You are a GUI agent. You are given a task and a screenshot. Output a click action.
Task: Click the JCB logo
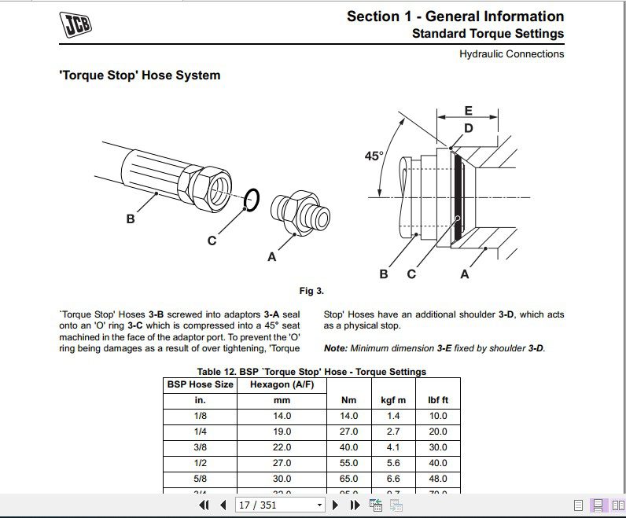click(75, 25)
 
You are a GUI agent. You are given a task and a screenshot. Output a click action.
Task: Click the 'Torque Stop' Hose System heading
click(140, 75)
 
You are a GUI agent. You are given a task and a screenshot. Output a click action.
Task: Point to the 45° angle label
click(374, 156)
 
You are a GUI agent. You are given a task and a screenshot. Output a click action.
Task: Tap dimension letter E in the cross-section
click(468, 111)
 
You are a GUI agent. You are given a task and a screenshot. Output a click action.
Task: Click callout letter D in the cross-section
click(468, 128)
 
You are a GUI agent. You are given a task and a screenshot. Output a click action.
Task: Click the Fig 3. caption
click(311, 291)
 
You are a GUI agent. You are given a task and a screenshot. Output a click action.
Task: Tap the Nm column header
click(348, 400)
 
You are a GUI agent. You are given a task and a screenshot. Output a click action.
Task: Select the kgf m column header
click(393, 400)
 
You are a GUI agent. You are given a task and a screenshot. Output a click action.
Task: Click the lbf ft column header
click(438, 400)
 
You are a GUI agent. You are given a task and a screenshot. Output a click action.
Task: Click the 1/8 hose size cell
click(200, 416)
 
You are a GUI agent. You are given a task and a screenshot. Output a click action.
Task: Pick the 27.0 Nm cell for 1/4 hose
click(348, 432)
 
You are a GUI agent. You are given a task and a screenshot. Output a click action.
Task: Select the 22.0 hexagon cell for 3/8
click(281, 447)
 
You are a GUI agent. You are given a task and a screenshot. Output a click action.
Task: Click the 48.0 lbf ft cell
click(438, 479)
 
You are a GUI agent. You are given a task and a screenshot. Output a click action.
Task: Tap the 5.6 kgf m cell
click(393, 463)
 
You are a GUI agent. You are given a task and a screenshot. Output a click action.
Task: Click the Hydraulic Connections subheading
click(511, 54)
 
